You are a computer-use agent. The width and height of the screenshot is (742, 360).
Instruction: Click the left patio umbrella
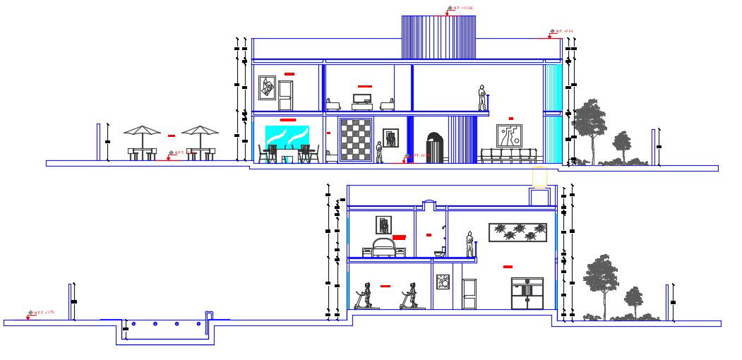tap(142, 131)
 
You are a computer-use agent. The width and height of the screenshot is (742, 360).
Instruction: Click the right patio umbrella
tap(200, 131)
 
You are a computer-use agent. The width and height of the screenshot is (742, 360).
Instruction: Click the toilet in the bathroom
tap(439, 251)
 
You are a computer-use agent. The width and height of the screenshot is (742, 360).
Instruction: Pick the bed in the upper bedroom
tap(385, 248)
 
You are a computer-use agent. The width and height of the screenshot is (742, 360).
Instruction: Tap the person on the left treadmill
tap(366, 295)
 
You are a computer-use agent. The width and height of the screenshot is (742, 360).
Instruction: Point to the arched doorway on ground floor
tap(434, 148)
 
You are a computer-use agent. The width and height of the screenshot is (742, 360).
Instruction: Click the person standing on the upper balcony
tap(482, 97)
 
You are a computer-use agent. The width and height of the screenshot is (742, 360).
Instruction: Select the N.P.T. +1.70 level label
tap(40, 312)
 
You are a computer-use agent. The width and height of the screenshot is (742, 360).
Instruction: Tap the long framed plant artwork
tap(517, 232)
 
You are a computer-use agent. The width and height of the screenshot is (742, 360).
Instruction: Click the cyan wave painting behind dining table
tap(287, 136)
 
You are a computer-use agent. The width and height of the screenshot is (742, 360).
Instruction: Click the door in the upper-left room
tap(285, 95)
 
